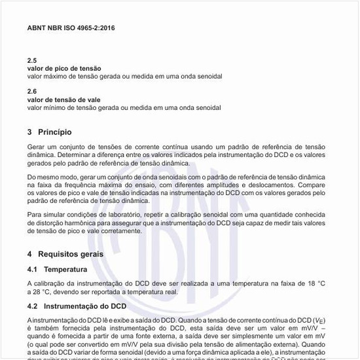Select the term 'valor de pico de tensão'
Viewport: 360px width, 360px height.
(63, 68)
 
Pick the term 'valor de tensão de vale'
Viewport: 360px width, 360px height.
(63, 99)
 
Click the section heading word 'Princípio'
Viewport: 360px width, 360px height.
(60, 132)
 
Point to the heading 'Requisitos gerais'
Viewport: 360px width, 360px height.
(79, 253)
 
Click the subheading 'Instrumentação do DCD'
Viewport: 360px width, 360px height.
(85, 306)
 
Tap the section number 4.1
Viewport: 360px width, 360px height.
(33, 269)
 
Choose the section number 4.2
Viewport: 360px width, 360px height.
(33, 306)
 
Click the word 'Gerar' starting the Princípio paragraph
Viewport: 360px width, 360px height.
(37, 148)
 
